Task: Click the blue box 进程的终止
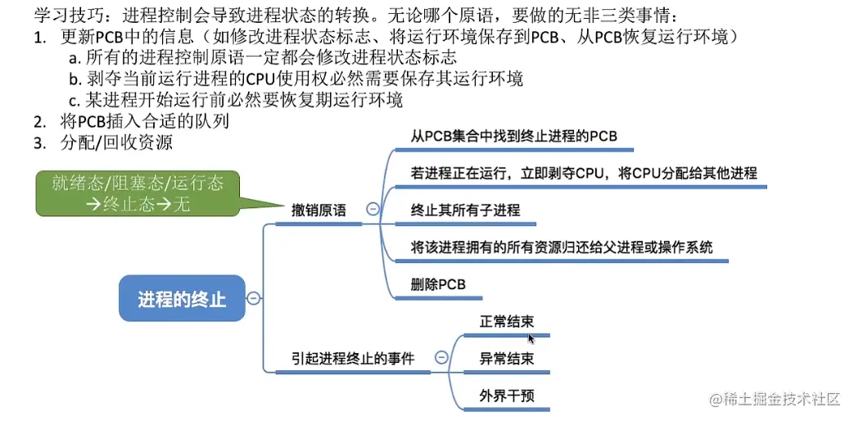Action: (x=181, y=298)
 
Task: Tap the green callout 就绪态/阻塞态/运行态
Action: (x=138, y=193)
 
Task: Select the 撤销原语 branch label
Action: (x=319, y=210)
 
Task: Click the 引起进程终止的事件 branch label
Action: (x=353, y=358)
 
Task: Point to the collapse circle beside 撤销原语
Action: (x=373, y=209)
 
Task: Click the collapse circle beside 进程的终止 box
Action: (x=254, y=298)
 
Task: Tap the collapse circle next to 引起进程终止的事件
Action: (x=441, y=357)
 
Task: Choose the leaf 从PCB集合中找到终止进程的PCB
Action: (x=513, y=136)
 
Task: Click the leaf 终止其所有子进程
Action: (x=465, y=210)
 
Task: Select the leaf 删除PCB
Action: (x=438, y=285)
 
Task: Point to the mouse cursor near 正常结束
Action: (x=531, y=337)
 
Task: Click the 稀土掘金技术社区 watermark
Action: (x=775, y=399)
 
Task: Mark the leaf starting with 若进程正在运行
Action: (x=583, y=173)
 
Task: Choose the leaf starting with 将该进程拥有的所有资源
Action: (x=562, y=247)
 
